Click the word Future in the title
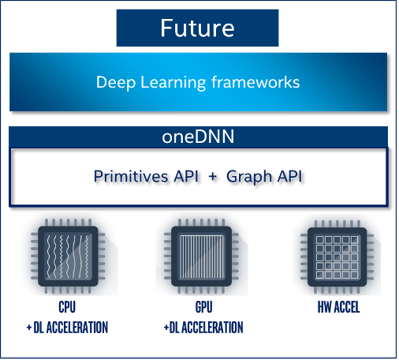pos(197,28)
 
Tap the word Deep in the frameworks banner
pos(116,83)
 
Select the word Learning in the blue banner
pos(173,83)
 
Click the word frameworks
pos(255,82)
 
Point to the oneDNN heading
pos(198,137)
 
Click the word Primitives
pos(131,176)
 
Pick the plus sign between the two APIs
pos(213,177)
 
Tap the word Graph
pos(249,177)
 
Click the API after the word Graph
pos(289,176)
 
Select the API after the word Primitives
pos(185,176)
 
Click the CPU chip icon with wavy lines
pos(68,256)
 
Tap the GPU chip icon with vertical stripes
pos(201,256)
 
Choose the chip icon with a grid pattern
pos(337,257)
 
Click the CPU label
pos(67,307)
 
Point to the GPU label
pos(203,307)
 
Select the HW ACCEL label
pos(338,307)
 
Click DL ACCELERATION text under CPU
pos(71,328)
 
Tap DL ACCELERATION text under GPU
pos(206,328)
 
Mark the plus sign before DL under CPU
pos(29,328)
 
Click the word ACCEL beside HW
pos(346,307)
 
